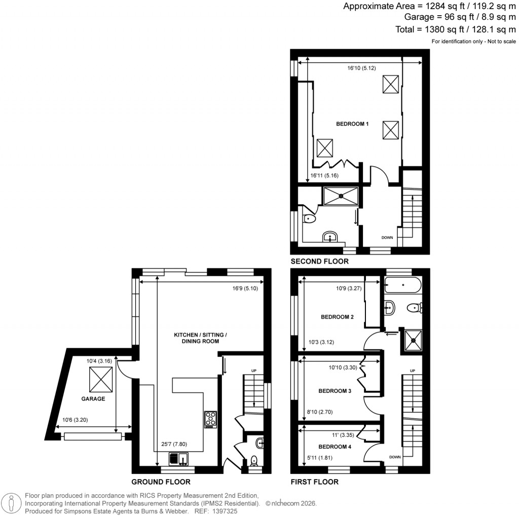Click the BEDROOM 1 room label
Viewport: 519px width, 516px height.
click(352, 124)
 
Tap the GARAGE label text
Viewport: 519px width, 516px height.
click(93, 399)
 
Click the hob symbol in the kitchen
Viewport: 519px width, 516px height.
click(210, 419)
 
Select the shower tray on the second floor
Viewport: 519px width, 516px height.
click(341, 195)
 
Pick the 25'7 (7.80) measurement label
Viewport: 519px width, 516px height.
click(173, 444)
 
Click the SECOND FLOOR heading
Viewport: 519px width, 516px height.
click(319, 262)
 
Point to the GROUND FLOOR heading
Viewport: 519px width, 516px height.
click(161, 482)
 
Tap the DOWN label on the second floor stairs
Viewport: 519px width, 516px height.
click(387, 237)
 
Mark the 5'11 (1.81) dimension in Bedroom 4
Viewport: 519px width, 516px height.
click(317, 459)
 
